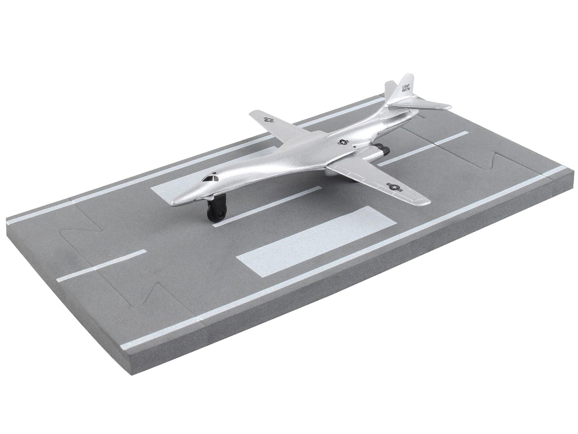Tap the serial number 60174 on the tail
(405, 91)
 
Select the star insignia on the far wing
(268, 119)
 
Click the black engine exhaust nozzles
(385, 151)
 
